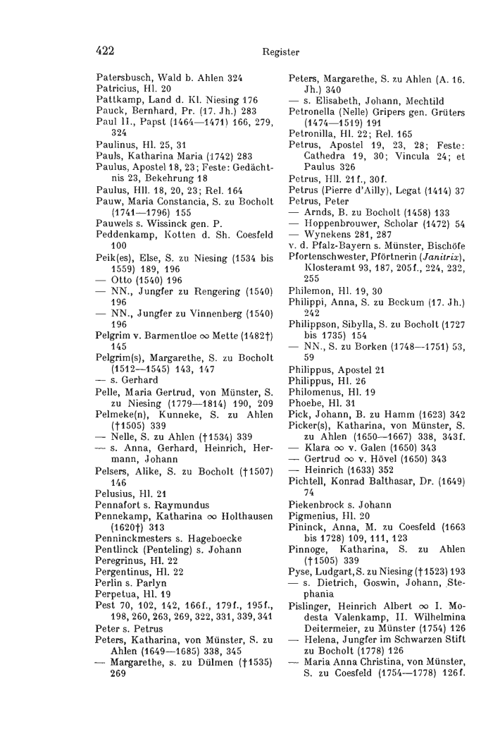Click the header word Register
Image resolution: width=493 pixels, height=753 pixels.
pos(280,52)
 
